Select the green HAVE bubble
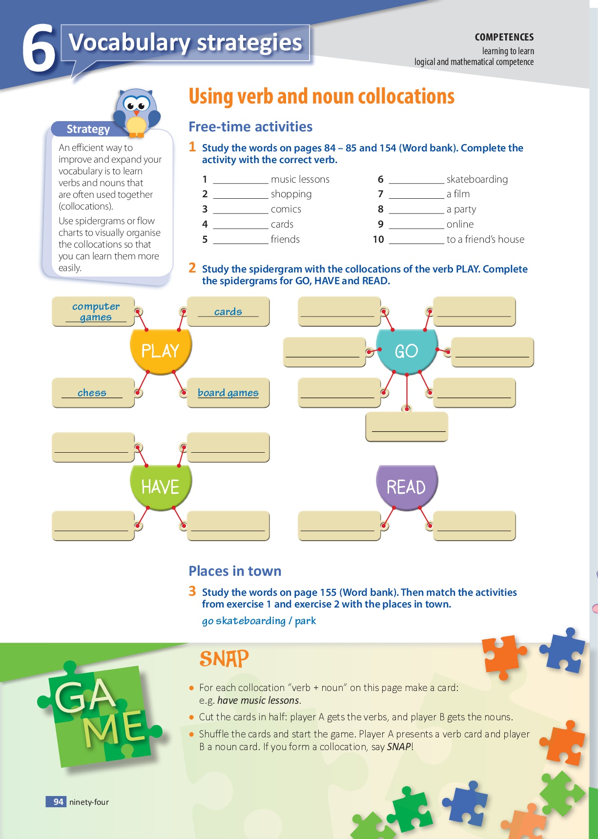(161, 487)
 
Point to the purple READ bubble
(407, 487)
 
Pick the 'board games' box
(228, 393)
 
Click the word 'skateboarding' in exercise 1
(477, 179)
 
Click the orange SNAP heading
(224, 659)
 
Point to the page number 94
(59, 801)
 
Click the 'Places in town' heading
(235, 571)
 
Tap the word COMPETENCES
(504, 37)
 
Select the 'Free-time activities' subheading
(250, 126)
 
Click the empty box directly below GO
(407, 426)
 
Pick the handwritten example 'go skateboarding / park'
(259, 621)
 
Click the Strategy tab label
(88, 129)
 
